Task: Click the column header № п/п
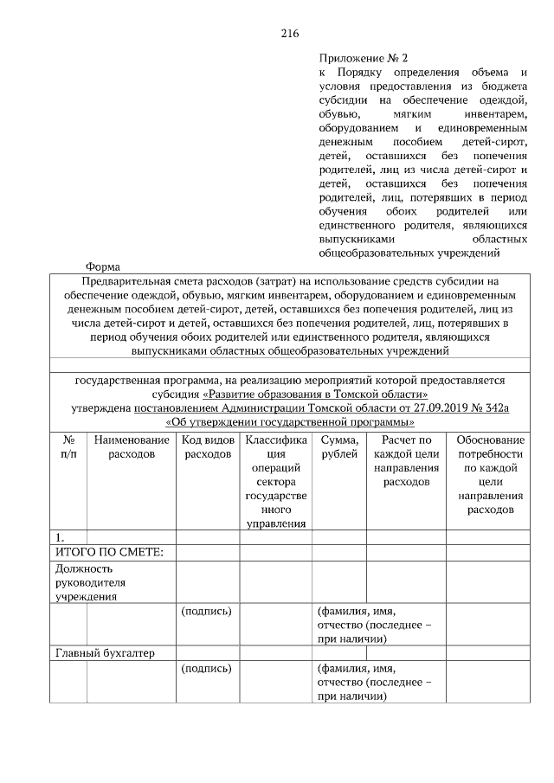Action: [x=68, y=447]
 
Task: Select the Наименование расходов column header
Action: [x=132, y=447]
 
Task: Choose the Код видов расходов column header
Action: [x=208, y=447]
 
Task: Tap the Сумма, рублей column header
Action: [x=338, y=447]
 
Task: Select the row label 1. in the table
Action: [x=59, y=537]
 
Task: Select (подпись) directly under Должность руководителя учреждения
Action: [x=206, y=611]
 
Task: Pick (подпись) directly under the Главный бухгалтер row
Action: [x=206, y=668]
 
